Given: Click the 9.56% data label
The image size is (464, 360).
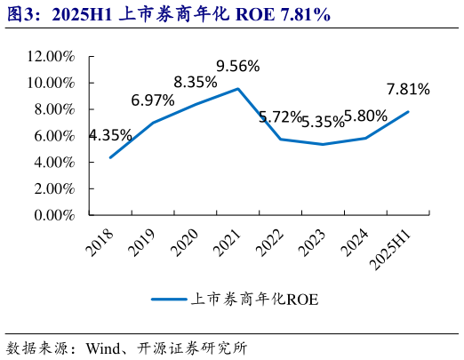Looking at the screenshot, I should (x=238, y=66).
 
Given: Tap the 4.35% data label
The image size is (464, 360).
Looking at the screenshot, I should (x=110, y=136).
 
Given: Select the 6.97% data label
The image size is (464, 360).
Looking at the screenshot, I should (x=153, y=100).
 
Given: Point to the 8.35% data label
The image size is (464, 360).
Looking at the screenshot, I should (x=196, y=82).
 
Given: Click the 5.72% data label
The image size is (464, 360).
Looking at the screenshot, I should (x=280, y=116).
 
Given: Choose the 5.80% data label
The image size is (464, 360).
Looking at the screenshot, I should (x=364, y=116).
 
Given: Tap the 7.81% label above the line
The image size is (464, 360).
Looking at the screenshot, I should (x=408, y=89).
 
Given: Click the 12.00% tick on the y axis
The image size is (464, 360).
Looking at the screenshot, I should (x=50, y=56).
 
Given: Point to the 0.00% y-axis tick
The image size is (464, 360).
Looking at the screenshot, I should (x=53, y=215).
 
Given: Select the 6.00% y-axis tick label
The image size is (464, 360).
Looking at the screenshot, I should (x=53, y=136).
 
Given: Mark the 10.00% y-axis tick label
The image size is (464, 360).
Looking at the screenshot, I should (x=50, y=83).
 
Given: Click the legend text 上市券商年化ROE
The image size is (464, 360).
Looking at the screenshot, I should (x=254, y=300).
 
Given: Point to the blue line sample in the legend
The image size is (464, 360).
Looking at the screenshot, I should (x=167, y=300).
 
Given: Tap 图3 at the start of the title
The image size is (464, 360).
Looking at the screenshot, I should (x=20, y=14).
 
